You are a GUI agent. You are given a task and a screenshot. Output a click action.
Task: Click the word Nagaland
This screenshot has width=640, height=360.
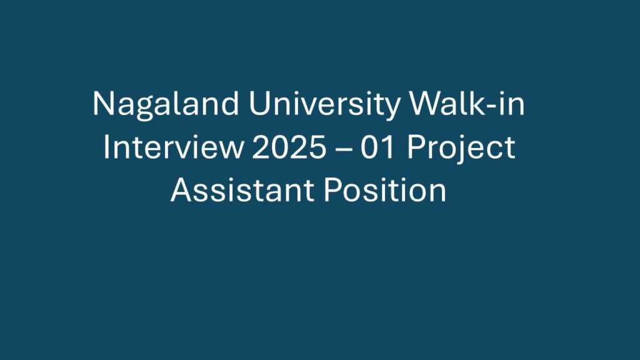click(x=166, y=106)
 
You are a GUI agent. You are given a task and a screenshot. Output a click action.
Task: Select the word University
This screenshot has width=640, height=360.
click(x=324, y=106)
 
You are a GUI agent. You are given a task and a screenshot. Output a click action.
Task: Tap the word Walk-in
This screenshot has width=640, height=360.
click(x=467, y=103)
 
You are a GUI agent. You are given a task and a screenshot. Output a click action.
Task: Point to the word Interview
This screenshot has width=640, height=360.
click(x=172, y=147)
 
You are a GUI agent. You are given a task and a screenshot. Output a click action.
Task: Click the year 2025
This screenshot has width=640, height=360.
click(x=289, y=147)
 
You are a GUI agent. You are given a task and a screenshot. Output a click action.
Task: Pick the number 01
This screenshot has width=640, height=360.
click(x=378, y=147)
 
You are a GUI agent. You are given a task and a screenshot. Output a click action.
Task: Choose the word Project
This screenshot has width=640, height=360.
click(x=461, y=149)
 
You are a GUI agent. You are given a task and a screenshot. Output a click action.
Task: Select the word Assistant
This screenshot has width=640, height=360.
click(x=242, y=190)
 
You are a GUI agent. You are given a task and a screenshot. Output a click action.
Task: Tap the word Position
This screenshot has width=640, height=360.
click(x=385, y=190)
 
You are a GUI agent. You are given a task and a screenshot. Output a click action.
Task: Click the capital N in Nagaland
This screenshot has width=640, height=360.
click(x=103, y=104)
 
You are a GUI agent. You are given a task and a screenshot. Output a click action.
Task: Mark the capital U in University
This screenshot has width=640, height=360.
click(x=259, y=104)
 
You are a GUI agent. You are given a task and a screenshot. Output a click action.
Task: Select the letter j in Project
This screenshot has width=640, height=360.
click(x=459, y=149)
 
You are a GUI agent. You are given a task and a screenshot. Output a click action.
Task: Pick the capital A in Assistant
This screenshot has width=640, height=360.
click(x=182, y=190)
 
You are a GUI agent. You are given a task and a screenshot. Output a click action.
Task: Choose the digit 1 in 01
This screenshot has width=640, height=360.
click(x=388, y=147)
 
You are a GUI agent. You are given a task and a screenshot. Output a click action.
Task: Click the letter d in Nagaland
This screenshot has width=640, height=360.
click(x=230, y=103)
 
